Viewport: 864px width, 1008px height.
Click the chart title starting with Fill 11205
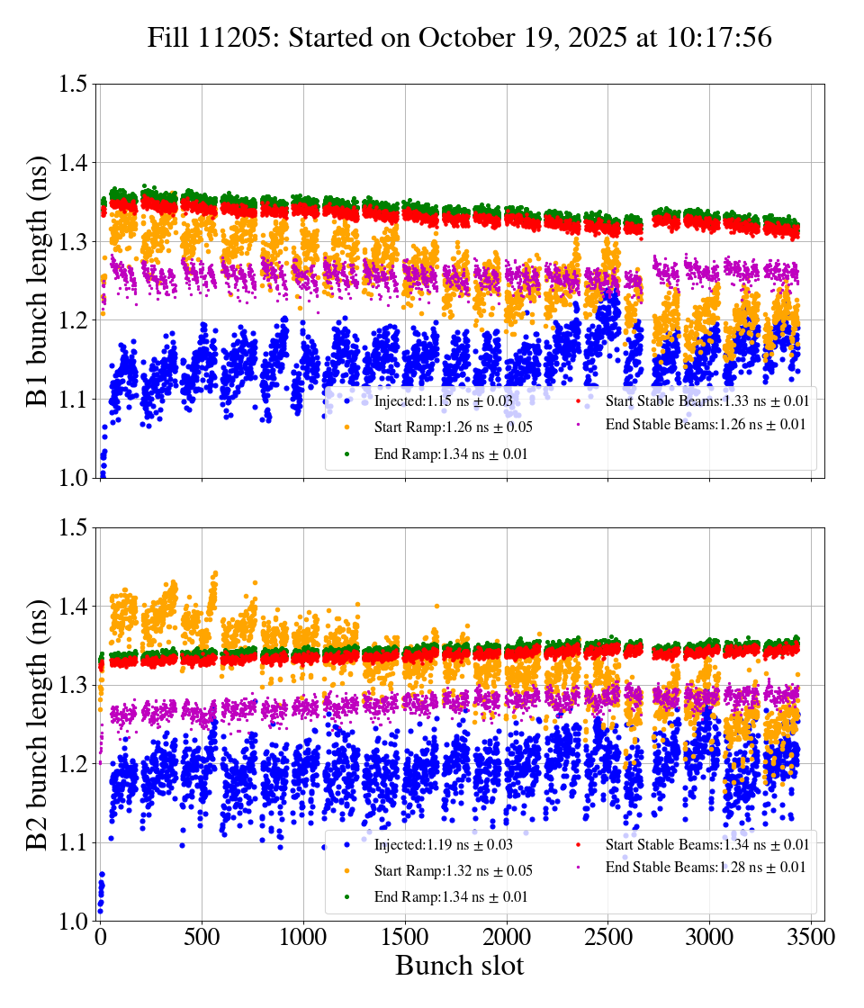click(x=460, y=37)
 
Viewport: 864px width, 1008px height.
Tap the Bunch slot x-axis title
click(x=459, y=966)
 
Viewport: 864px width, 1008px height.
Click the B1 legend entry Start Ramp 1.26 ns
click(x=445, y=427)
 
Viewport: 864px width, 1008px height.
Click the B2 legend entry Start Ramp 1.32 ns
click(x=445, y=870)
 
